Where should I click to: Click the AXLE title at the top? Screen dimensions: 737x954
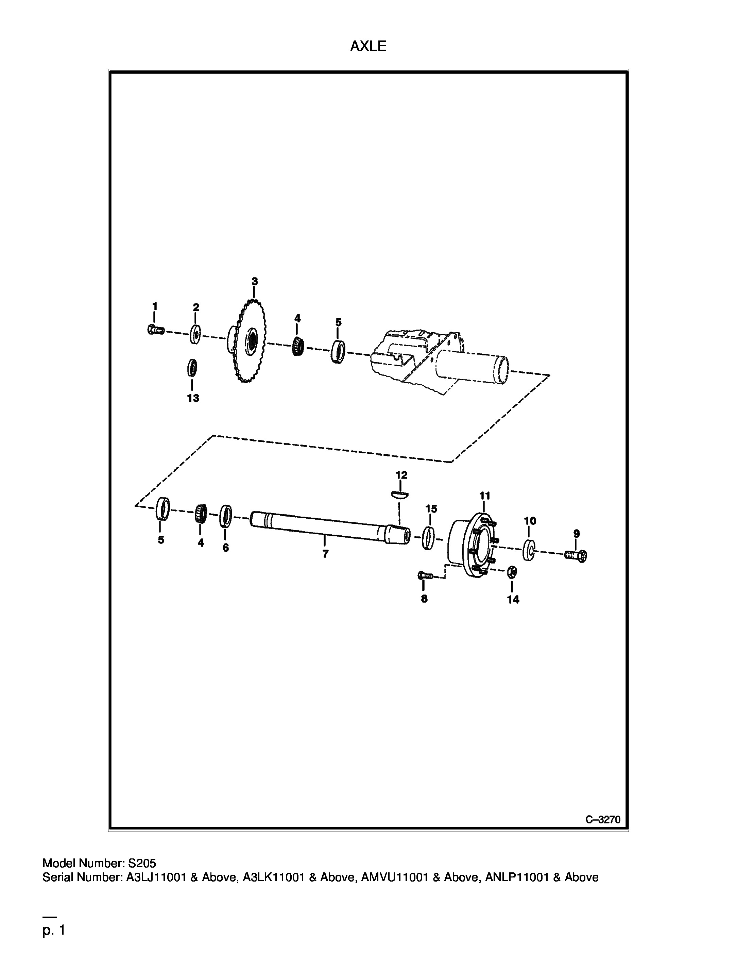coord(368,46)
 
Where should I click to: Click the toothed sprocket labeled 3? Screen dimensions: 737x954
coord(247,341)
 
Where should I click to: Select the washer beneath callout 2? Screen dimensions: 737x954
coord(195,334)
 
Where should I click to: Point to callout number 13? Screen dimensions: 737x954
coord(193,398)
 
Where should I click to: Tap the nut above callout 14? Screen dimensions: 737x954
coord(513,572)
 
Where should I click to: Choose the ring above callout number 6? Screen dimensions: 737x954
coord(226,516)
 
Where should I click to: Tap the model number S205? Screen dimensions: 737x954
coord(141,863)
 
